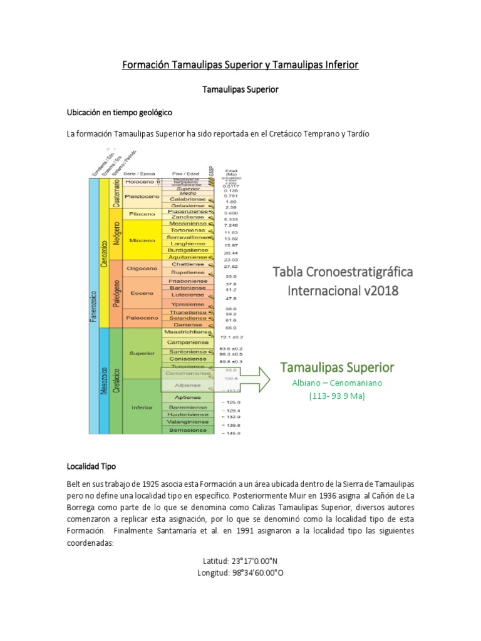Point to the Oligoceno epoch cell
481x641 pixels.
click(x=141, y=268)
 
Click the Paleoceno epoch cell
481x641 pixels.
click(x=142, y=317)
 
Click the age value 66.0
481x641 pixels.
click(x=231, y=327)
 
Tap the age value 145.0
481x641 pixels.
click(x=231, y=433)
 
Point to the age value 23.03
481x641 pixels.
click(x=231, y=259)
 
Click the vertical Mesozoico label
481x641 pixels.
click(x=104, y=381)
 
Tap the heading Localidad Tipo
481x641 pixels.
click(x=91, y=467)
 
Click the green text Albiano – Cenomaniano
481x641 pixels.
click(x=337, y=382)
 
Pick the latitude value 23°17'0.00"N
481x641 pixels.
click(x=240, y=561)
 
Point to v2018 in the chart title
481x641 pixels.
click(x=375, y=291)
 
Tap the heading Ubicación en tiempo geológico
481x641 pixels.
click(x=119, y=112)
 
